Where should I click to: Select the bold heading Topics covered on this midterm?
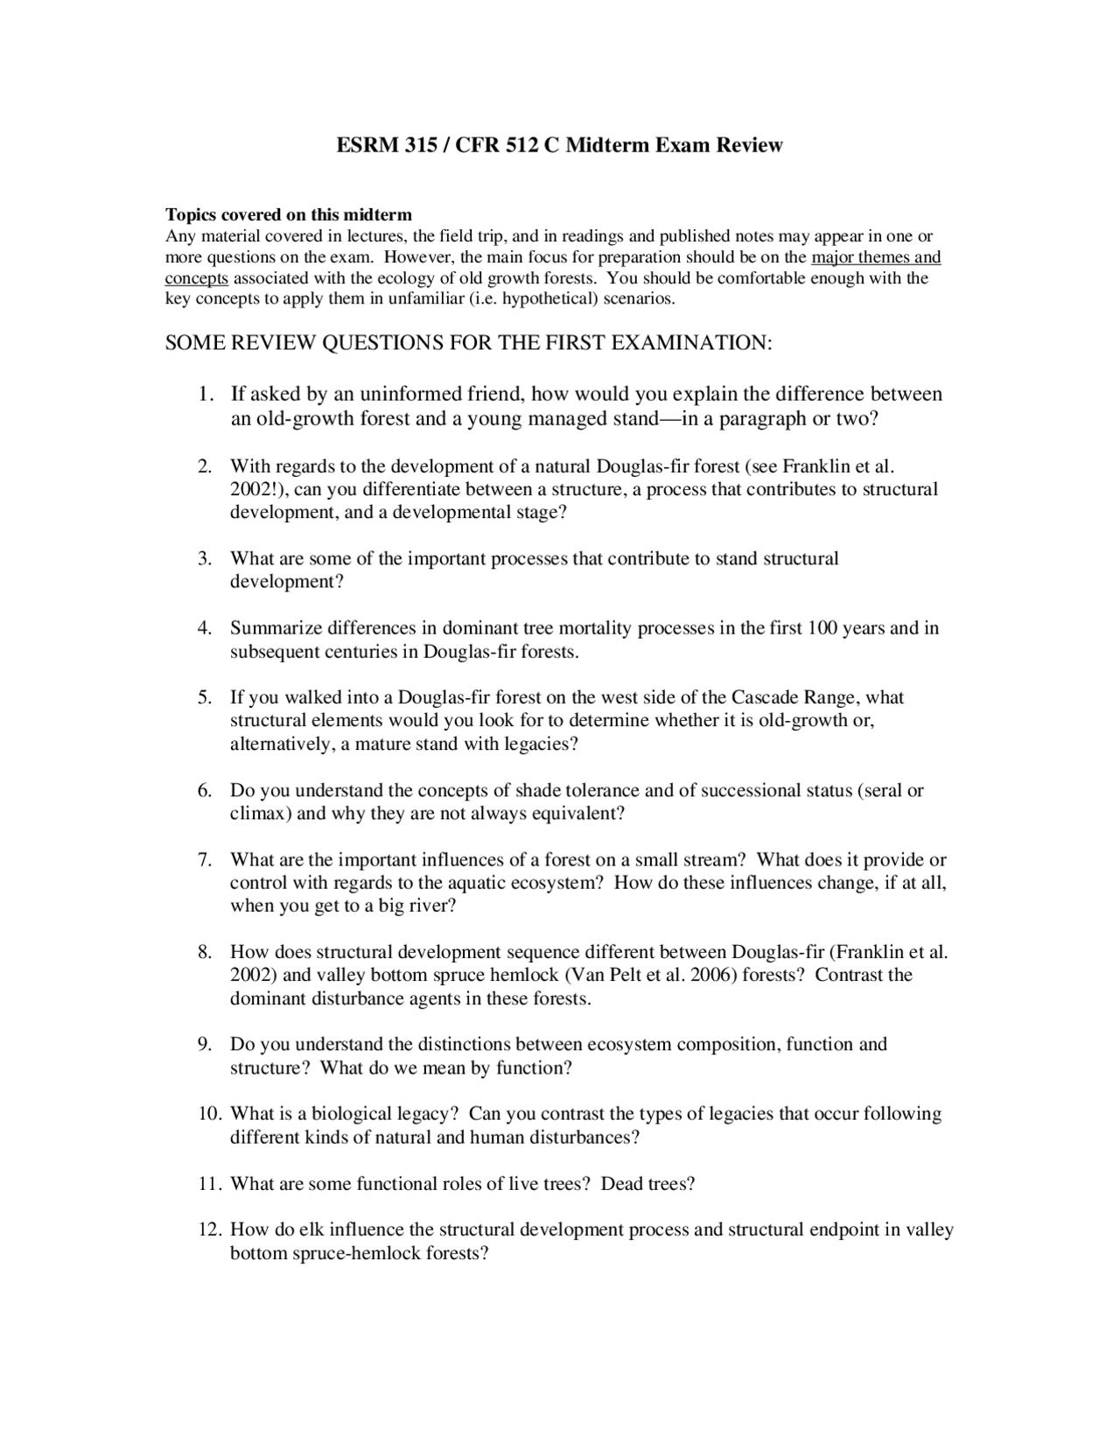click(289, 214)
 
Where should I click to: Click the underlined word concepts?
click(197, 278)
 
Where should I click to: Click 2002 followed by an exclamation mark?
click(251, 489)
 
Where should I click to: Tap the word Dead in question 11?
click(621, 1184)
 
